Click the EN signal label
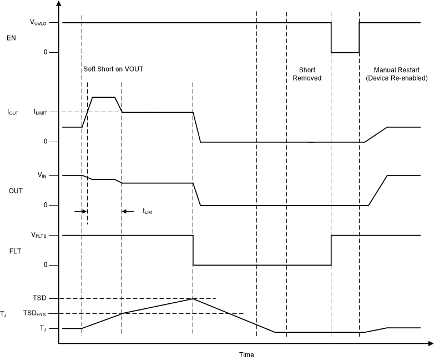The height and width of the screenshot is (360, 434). pos(11,38)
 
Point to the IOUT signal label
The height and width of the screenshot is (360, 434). pos(12,112)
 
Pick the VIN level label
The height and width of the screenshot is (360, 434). pos(42,176)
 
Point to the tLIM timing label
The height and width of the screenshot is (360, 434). pos(147,212)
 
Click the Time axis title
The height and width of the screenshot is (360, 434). pos(246,354)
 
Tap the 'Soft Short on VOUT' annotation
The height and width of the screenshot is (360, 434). pos(117,70)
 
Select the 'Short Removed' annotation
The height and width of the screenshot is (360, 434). pos(307,74)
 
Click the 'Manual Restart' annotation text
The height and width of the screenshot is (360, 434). pos(396,70)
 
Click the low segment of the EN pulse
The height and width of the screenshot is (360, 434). pos(345,52)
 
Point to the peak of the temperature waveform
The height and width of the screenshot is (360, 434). pos(193,299)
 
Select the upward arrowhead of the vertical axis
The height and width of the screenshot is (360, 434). pos(59,5)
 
